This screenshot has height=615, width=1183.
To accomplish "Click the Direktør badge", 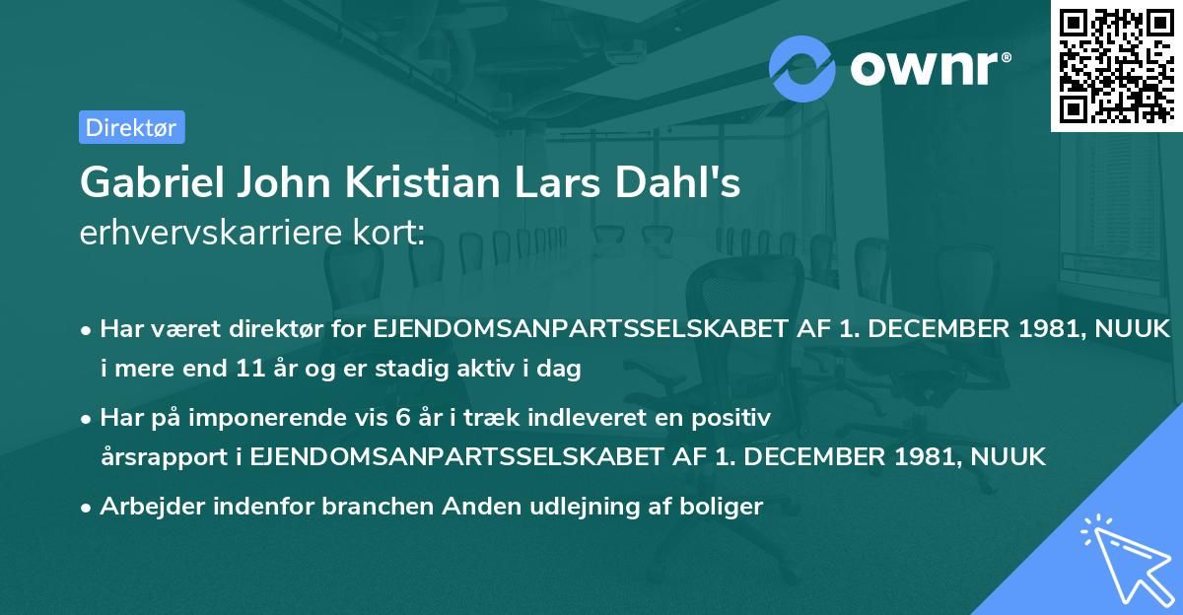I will click(x=131, y=127).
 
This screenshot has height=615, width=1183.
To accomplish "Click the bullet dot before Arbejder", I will click(x=88, y=508).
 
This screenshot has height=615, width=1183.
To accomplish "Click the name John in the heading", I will click(x=282, y=183).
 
